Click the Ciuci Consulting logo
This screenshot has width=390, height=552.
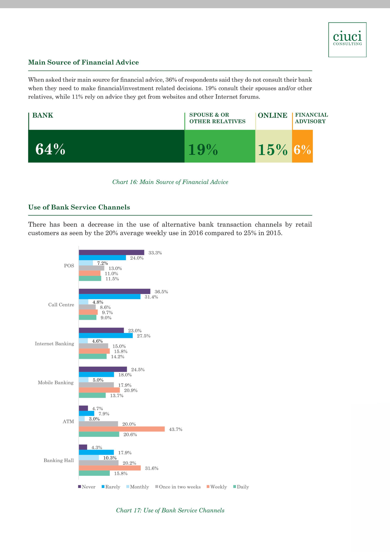(x=347, y=40)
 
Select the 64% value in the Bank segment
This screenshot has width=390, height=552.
(x=50, y=149)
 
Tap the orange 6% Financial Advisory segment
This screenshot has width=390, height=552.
(x=302, y=146)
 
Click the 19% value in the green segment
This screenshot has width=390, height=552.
(x=203, y=150)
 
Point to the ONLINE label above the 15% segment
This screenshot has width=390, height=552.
(x=273, y=115)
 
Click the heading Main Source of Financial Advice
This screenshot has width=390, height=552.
(x=84, y=62)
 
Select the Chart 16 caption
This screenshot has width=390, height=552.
(x=170, y=182)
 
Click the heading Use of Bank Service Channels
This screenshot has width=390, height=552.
(x=79, y=207)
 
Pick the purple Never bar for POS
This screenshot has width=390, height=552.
(x=111, y=253)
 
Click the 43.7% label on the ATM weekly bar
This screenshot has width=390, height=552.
(x=176, y=429)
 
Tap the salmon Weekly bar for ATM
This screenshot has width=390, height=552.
(x=122, y=429)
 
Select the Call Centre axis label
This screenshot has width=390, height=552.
(x=61, y=305)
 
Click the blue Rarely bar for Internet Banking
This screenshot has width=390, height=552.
(x=106, y=336)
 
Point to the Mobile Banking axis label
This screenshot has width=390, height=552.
(x=56, y=383)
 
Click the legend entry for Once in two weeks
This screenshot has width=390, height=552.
(x=178, y=487)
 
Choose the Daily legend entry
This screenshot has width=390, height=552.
(x=241, y=487)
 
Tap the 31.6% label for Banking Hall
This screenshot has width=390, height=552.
(x=152, y=468)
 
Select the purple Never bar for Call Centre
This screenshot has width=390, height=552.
(x=114, y=291)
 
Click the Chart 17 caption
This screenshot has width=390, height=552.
(x=170, y=510)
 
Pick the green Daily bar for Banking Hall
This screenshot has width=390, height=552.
(x=94, y=473)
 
